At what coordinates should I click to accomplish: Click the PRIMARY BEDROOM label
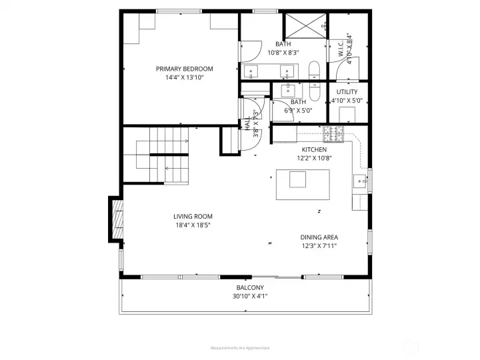pyautogui.click(x=184, y=69)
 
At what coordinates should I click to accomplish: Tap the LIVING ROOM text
pyautogui.click(x=193, y=216)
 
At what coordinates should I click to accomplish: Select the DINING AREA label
pyautogui.click(x=318, y=237)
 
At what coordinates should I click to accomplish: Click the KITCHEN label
pyautogui.click(x=314, y=150)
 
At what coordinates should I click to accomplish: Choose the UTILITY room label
pyautogui.click(x=347, y=92)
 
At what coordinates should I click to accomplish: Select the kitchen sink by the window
pyautogui.click(x=359, y=180)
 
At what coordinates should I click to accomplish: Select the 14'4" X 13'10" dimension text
pyautogui.click(x=184, y=77)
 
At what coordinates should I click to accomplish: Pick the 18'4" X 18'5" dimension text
pyautogui.click(x=193, y=225)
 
